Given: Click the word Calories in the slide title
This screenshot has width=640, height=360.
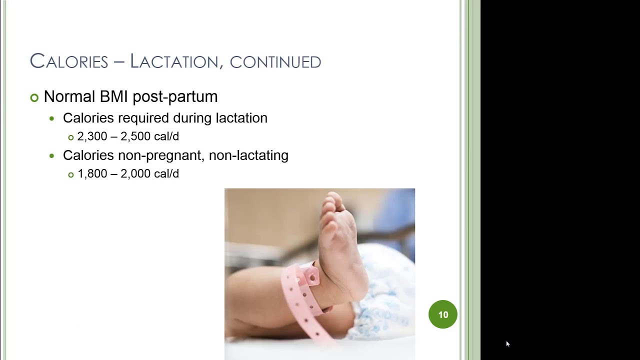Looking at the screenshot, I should tap(69, 61).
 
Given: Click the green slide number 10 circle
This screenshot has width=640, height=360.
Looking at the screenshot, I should tap(443, 314).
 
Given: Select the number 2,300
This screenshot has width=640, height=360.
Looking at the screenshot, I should tap(93, 136).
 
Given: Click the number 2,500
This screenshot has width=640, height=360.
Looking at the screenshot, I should tap(136, 136).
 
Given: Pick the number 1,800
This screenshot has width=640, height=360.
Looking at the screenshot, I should tap(92, 174).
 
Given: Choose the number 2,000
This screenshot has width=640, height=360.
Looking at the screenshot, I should tap(136, 174).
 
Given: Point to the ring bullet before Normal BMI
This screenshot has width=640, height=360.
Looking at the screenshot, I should tap(34, 97).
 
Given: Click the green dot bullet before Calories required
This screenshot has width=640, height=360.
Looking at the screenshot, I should tap(52, 119).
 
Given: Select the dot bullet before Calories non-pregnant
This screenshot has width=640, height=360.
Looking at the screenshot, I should tap(52, 156).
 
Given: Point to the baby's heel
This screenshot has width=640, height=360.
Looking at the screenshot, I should tap(350, 295).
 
